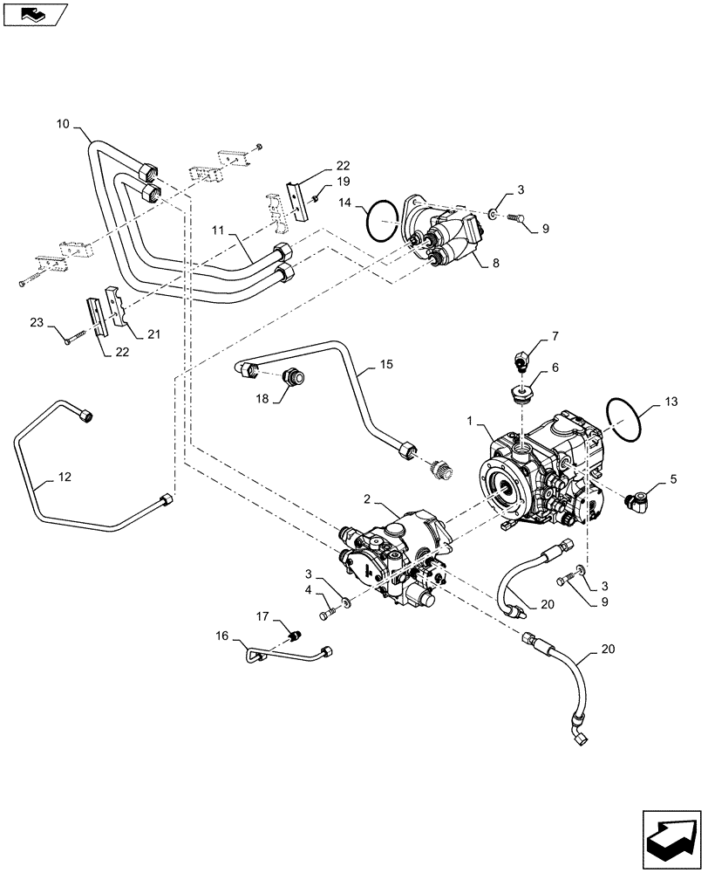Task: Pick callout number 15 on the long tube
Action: [386, 363]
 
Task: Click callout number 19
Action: [344, 182]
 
